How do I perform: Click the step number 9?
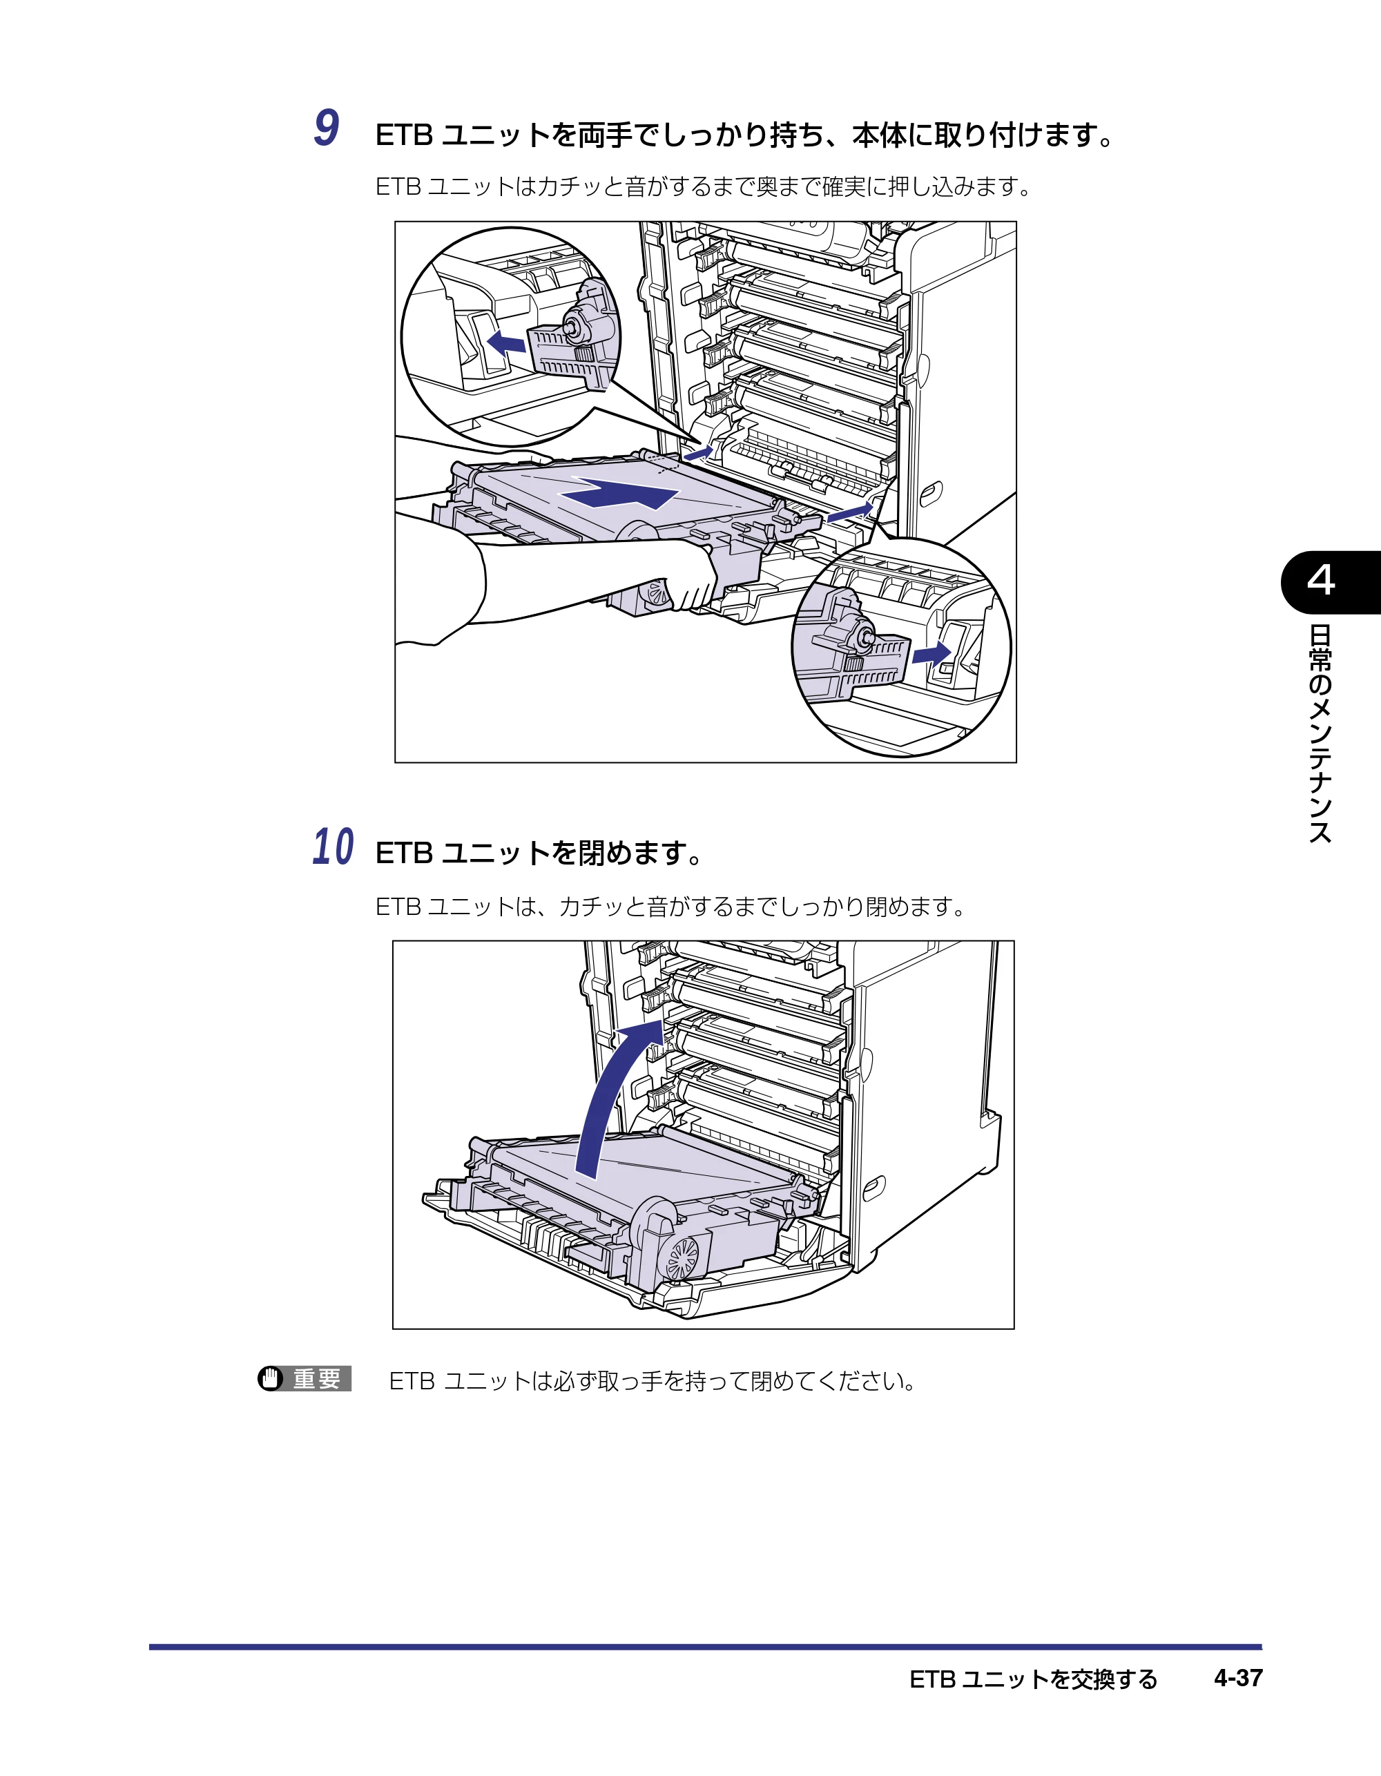click(327, 128)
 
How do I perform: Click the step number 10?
click(334, 847)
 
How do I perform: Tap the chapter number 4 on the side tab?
click(1321, 581)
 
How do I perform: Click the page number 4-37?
click(1238, 1678)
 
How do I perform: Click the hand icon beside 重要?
click(271, 1379)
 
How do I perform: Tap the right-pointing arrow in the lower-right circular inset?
click(931, 654)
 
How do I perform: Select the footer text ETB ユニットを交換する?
click(1033, 1679)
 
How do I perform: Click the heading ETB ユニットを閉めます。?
click(539, 853)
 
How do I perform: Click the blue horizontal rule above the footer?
click(705, 1647)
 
